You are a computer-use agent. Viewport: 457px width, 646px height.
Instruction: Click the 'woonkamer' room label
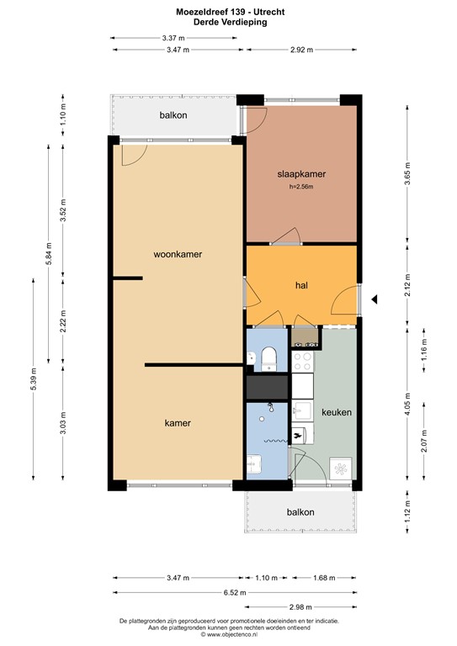178,253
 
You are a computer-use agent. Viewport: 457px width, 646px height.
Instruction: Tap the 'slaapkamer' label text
301,174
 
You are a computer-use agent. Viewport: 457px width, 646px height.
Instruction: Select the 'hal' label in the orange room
300,286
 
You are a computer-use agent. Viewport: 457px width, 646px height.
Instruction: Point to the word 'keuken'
336,413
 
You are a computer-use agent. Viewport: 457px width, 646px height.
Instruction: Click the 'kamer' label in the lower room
177,423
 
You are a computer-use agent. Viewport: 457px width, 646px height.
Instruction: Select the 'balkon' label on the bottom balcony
300,511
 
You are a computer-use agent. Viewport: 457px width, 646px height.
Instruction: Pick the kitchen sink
302,412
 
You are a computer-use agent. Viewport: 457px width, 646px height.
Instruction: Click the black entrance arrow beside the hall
375,298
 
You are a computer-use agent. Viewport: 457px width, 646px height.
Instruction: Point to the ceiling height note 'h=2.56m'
300,187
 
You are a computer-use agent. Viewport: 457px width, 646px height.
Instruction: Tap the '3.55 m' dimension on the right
407,174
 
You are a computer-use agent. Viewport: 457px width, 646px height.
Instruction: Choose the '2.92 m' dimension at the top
301,50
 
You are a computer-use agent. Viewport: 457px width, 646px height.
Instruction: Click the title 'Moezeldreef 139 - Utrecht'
228,10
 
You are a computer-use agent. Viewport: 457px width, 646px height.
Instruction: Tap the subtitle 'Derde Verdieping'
228,22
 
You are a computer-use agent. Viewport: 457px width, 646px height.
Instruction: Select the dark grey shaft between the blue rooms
268,387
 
